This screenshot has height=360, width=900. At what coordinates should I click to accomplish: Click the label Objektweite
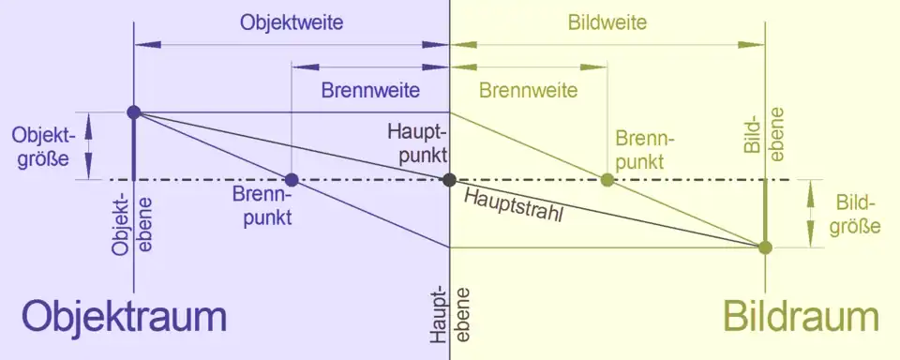point(292,22)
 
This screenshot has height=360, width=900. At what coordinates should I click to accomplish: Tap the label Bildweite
point(607,22)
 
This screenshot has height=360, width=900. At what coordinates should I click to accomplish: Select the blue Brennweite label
point(370,91)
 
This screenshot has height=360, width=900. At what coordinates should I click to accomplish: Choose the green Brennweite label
point(529,91)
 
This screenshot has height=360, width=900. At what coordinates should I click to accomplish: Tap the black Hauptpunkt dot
point(449,180)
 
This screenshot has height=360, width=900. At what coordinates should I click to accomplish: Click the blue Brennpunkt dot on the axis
point(292,180)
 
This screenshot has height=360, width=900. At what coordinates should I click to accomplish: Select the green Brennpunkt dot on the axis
point(607,180)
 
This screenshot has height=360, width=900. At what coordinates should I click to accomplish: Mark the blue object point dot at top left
point(134,112)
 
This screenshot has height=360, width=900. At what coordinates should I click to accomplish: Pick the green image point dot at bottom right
point(765,247)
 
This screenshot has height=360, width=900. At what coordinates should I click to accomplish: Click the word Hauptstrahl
point(513,205)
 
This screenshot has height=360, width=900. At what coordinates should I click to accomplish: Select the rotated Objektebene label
point(132,226)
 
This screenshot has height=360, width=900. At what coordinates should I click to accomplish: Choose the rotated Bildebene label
point(765,134)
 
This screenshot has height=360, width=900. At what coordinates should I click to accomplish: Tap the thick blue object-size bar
point(134,146)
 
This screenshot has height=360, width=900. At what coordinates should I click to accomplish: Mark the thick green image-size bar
point(765,214)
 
